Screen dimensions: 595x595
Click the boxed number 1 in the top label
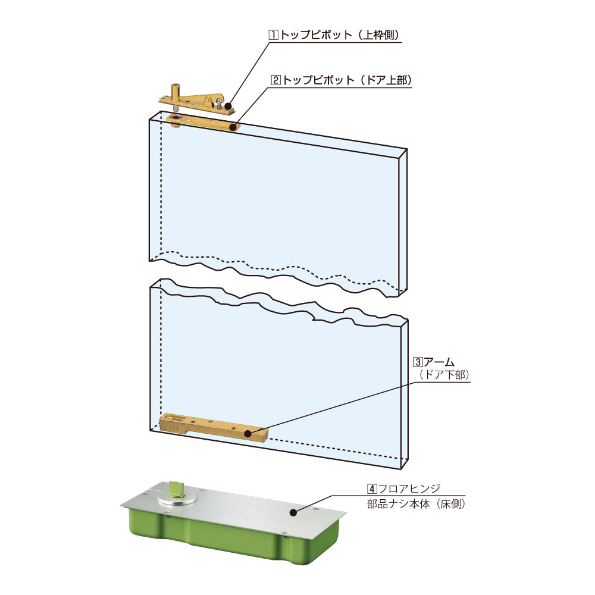pyautogui.click(x=273, y=35)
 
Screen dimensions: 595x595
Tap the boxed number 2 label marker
pyautogui.click(x=275, y=80)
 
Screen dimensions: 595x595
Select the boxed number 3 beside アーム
pyautogui.click(x=418, y=362)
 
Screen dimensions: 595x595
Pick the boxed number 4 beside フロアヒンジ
pyautogui.click(x=372, y=488)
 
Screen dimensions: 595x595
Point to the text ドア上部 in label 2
pyautogui.click(x=386, y=80)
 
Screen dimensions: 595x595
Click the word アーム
pyautogui.click(x=439, y=362)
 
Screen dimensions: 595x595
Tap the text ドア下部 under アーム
pyautogui.click(x=444, y=375)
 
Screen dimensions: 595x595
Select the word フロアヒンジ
pyautogui.click(x=409, y=488)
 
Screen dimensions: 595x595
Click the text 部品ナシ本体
pyautogui.click(x=399, y=505)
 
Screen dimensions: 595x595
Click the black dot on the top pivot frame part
pyautogui.click(x=228, y=106)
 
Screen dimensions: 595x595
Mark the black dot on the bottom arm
pyautogui.click(x=248, y=433)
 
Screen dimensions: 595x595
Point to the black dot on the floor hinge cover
pyautogui.click(x=293, y=513)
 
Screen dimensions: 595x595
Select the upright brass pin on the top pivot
pyautogui.click(x=176, y=90)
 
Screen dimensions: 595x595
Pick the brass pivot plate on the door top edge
pyautogui.click(x=203, y=122)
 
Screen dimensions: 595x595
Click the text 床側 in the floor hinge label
pyautogui.click(x=451, y=505)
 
